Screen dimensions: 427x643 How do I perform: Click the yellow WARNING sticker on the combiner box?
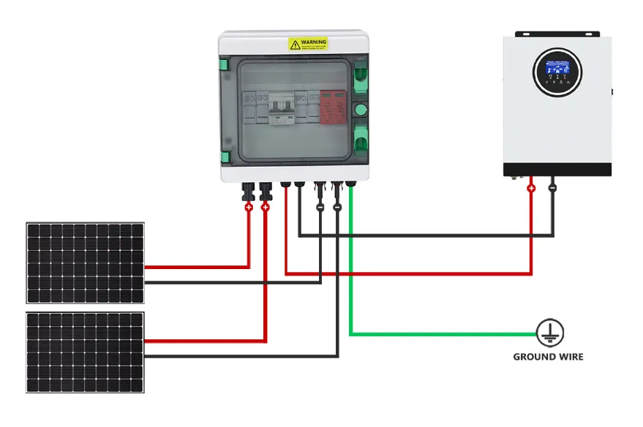point(308,45)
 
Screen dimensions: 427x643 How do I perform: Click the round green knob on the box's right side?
point(360,109)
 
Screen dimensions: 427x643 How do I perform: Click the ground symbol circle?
point(548,333)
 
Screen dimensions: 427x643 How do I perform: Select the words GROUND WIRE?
point(548,357)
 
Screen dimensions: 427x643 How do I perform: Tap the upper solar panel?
point(86,262)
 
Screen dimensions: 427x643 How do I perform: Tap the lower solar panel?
point(86,352)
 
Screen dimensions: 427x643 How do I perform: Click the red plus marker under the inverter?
point(531,188)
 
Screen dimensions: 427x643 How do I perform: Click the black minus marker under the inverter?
point(553,188)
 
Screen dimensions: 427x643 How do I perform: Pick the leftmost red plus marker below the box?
point(248,208)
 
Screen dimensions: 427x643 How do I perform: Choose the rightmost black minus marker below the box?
point(337,208)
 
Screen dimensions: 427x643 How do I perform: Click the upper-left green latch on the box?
point(225,64)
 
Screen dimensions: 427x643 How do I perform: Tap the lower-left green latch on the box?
point(225,156)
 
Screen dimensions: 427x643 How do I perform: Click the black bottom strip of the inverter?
point(557,170)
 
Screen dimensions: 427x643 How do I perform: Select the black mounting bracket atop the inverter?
point(557,34)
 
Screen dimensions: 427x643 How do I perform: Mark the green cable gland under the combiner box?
point(350,185)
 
